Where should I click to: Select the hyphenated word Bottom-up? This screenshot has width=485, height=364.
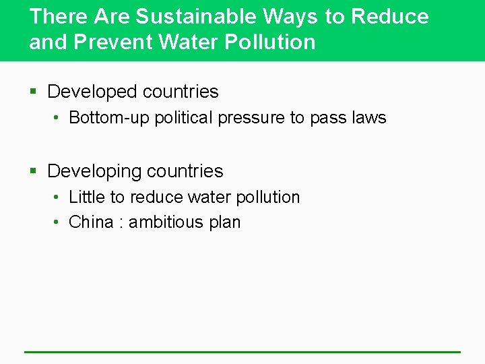(109, 118)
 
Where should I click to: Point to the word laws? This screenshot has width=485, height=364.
(368, 118)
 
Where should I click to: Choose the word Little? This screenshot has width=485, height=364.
(87, 198)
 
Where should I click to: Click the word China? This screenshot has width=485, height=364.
(91, 222)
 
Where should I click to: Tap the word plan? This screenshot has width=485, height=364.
(224, 223)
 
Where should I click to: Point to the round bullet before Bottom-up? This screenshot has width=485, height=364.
(59, 119)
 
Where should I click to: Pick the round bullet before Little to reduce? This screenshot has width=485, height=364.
(59, 198)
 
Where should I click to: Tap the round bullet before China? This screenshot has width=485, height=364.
(59, 223)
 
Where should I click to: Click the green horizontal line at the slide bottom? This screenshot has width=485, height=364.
(243, 351)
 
